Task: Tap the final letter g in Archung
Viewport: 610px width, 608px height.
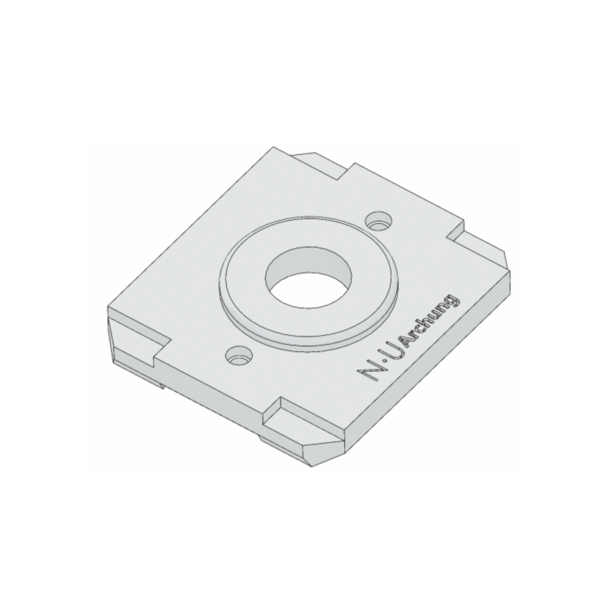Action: (451, 300)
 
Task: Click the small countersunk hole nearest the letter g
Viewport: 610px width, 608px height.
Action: (379, 220)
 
